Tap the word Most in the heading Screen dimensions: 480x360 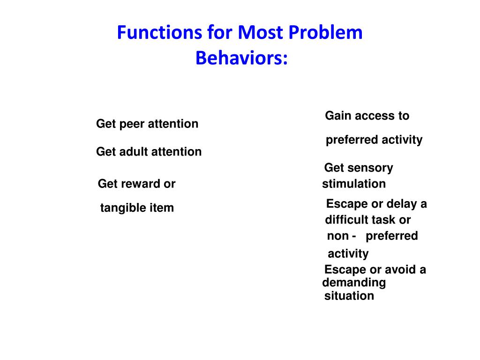[x=257, y=33]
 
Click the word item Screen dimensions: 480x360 [x=162, y=208]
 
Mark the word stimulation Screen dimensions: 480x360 [x=354, y=184]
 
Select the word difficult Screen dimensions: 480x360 [x=347, y=220]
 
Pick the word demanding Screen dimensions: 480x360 [x=354, y=283]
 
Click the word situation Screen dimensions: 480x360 [x=349, y=296]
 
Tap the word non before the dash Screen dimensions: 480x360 [x=337, y=236]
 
